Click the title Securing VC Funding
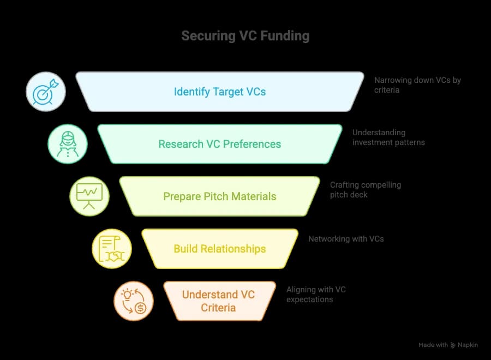245,36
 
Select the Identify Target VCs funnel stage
220,92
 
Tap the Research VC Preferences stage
220,144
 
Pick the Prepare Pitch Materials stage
220,196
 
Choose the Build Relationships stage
220,249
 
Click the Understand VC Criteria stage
218,301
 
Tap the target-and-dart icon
46,92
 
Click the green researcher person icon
68,144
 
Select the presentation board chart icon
89,196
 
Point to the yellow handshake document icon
112,249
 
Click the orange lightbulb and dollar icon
134,301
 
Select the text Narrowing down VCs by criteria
417,85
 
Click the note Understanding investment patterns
388,137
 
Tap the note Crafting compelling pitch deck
365,189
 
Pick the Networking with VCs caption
346,238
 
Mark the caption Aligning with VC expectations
316,295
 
